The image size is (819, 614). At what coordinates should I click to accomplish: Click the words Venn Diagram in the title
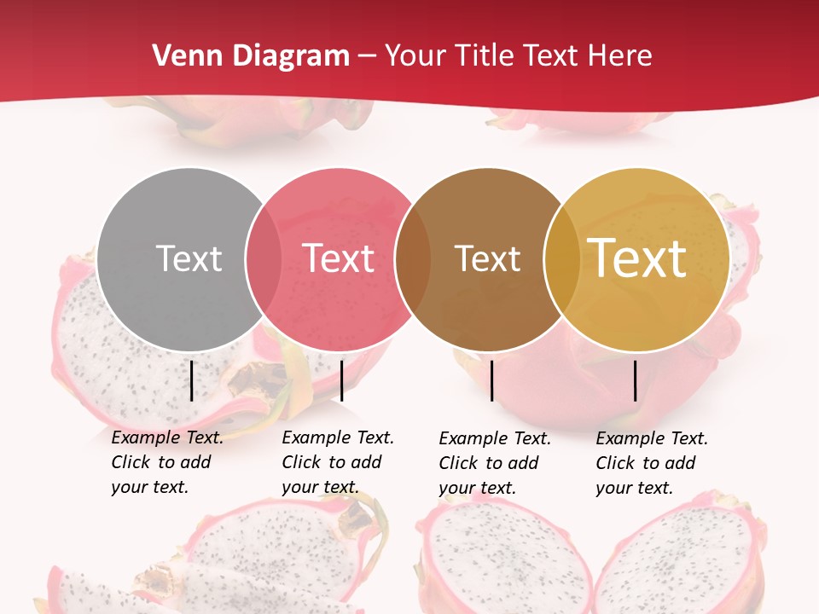coord(251,56)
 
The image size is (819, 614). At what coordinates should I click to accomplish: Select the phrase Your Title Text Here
coord(518,56)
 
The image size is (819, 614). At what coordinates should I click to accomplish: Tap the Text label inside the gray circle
coord(189,258)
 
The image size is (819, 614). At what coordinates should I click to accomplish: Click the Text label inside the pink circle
coord(338,258)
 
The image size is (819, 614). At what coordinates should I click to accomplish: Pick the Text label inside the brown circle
coord(487,258)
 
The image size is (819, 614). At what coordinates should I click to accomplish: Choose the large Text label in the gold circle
coord(637,258)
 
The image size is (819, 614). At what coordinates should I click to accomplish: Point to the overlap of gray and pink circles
coord(264,258)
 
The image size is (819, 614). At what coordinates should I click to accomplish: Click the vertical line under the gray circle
coord(192,380)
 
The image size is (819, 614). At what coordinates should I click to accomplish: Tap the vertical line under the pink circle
coord(341,380)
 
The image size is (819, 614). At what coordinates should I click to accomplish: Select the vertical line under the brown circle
coord(492,380)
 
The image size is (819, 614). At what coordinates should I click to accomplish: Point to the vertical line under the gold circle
coord(636,380)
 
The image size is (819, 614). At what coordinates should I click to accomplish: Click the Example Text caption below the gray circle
coord(166,462)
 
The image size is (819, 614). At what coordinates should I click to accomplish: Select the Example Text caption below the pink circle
coord(337,462)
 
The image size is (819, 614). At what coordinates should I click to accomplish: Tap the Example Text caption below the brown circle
coord(494,463)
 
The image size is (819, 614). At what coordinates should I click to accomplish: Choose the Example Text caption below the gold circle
coord(651,463)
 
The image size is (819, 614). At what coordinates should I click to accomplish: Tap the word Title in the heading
coord(485,56)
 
